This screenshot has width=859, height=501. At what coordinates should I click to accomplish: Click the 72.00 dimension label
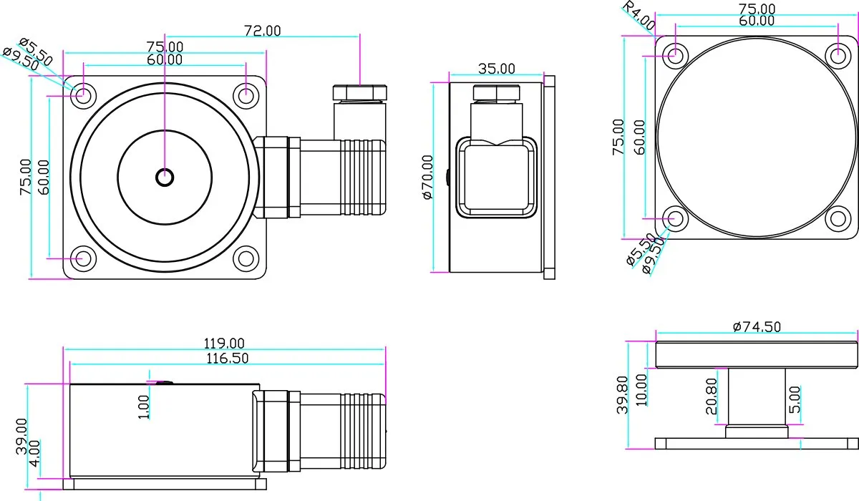click(263, 31)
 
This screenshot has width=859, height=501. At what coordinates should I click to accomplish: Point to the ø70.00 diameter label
click(428, 177)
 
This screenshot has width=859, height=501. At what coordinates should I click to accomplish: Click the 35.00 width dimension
click(496, 69)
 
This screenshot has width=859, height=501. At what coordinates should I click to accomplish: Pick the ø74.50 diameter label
click(757, 326)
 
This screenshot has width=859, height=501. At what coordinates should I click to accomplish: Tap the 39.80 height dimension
click(622, 394)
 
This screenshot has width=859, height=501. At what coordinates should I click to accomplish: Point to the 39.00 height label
click(22, 437)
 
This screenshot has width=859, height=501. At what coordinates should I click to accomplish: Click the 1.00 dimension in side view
click(144, 407)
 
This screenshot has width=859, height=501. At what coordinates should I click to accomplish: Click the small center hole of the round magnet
click(165, 175)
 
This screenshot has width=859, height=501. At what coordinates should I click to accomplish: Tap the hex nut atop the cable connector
click(360, 92)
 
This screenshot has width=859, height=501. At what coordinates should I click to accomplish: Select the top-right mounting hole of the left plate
click(247, 93)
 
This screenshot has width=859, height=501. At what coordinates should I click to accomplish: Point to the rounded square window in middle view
click(496, 177)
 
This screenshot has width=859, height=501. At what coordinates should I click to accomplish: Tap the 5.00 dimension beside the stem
click(795, 404)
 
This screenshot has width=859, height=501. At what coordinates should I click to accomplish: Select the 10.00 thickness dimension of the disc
click(641, 389)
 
